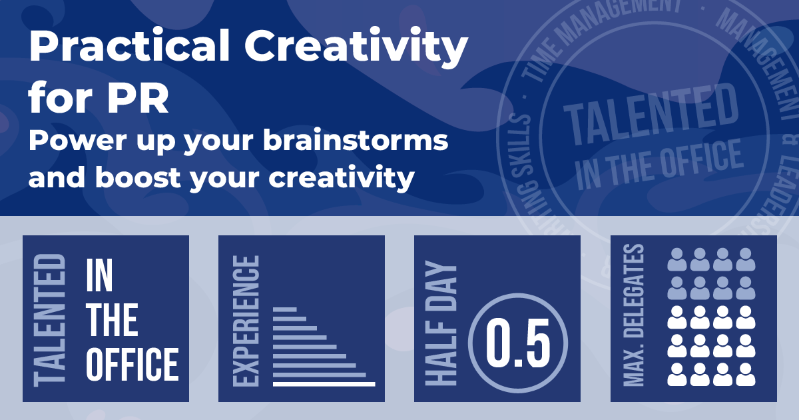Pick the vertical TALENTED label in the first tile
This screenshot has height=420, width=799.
coord(49,319)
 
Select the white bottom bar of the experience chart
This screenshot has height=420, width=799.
coord(324,383)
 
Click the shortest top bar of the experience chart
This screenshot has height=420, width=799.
coord(284,309)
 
